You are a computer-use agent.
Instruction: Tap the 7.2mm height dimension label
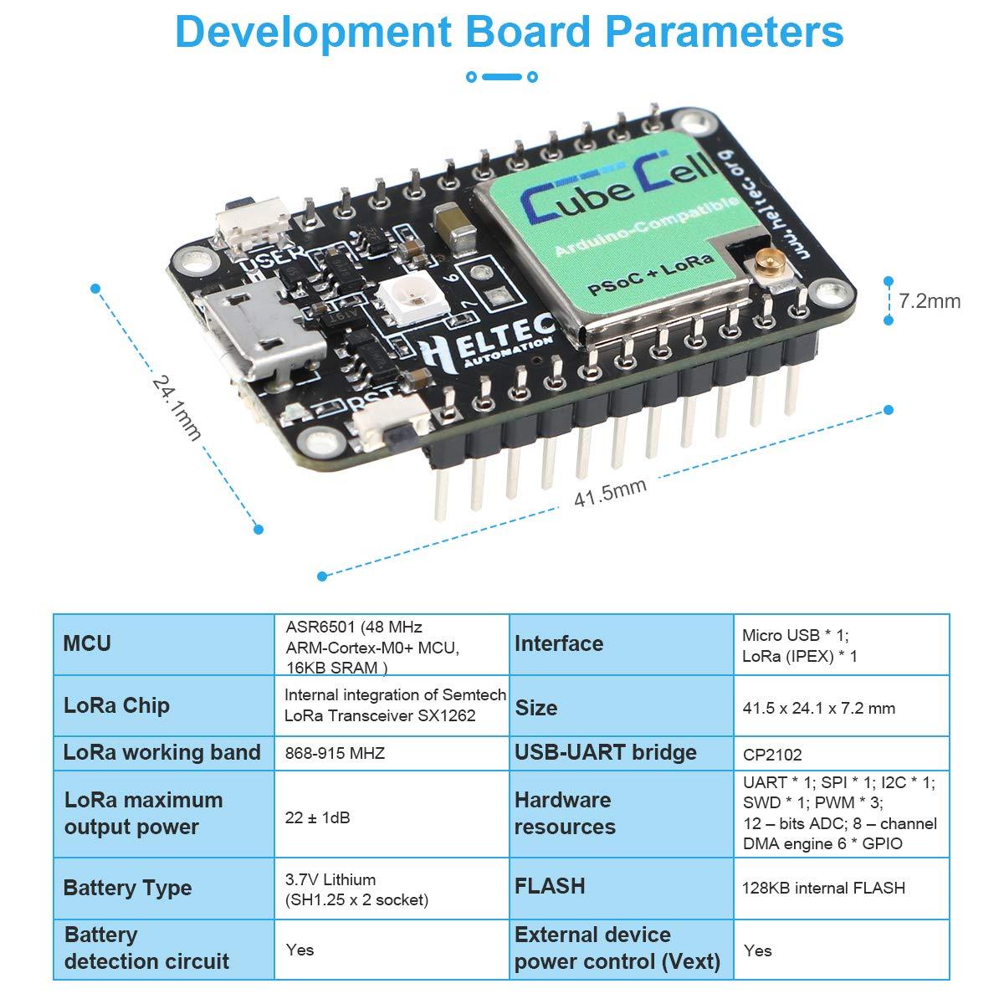pyautogui.click(x=929, y=301)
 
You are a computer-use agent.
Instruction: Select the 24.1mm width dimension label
pyautogui.click(x=177, y=407)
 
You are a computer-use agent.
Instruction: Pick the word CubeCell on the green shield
pyautogui.click(x=618, y=188)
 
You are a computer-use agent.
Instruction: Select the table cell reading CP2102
pyautogui.click(x=771, y=755)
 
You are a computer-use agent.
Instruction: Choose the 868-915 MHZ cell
pyautogui.click(x=335, y=753)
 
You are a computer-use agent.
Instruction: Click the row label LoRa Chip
pyautogui.click(x=116, y=704)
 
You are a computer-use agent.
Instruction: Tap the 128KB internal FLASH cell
pyautogui.click(x=823, y=888)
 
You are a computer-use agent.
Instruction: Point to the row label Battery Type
pyautogui.click(x=127, y=888)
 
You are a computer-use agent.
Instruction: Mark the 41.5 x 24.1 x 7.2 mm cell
pyautogui.click(x=818, y=708)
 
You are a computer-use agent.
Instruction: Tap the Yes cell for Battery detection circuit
pyautogui.click(x=300, y=950)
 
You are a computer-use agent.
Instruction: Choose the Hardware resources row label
pyautogui.click(x=565, y=813)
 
